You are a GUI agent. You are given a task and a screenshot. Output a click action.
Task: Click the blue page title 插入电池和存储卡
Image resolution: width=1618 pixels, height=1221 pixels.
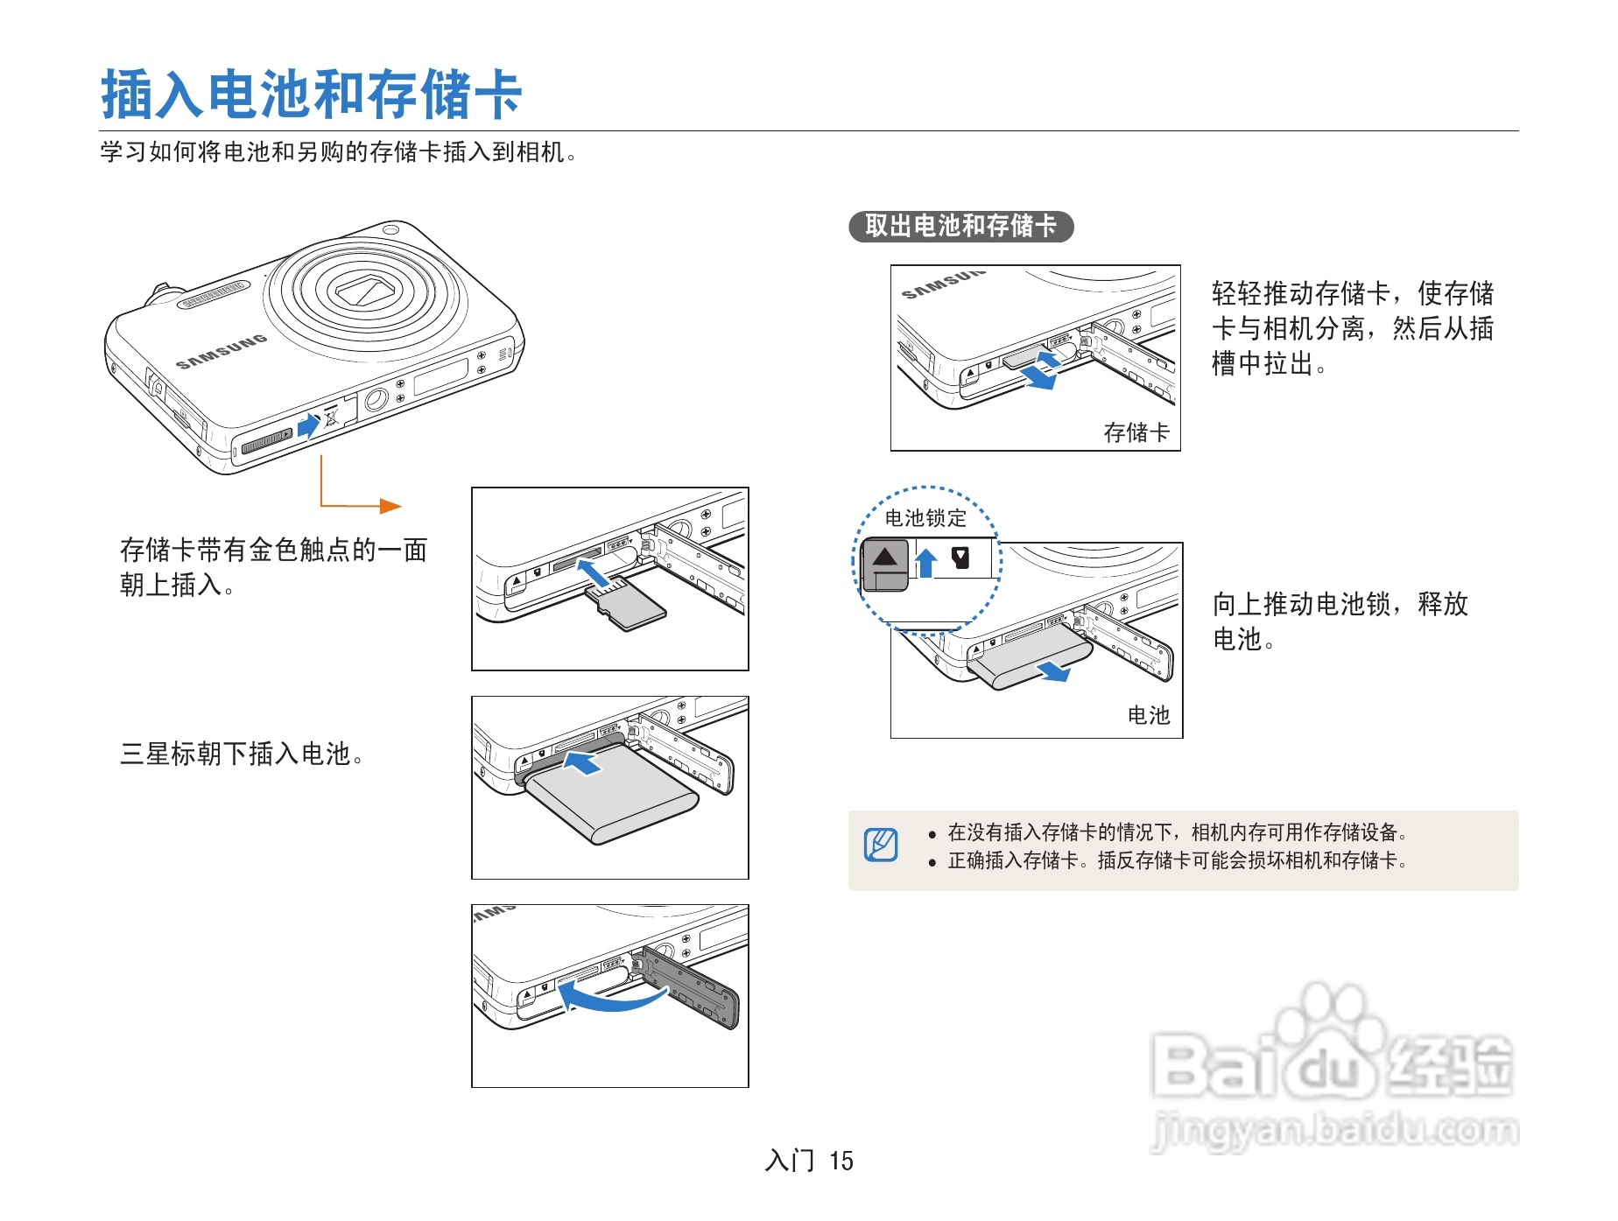(x=311, y=94)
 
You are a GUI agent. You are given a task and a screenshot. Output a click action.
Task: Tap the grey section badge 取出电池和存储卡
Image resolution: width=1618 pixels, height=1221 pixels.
(x=960, y=226)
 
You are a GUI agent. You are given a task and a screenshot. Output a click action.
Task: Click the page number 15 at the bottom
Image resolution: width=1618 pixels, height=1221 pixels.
(x=841, y=1161)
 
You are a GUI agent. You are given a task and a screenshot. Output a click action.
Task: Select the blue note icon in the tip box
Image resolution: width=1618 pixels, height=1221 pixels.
(x=881, y=845)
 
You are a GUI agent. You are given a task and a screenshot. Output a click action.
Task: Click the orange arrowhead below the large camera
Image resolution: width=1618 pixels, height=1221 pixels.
(x=390, y=506)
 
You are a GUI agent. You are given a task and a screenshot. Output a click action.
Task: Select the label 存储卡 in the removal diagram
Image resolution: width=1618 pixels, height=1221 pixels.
(x=1136, y=432)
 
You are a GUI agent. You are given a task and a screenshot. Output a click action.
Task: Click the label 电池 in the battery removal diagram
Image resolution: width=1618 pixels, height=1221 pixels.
(x=1148, y=715)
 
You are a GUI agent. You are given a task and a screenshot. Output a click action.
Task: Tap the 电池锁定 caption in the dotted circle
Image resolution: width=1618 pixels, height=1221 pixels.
(x=925, y=518)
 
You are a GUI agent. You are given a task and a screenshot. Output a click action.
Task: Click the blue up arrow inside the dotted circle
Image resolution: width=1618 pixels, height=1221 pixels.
(x=925, y=562)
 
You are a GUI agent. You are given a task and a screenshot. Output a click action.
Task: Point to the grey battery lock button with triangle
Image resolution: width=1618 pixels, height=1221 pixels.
(x=885, y=564)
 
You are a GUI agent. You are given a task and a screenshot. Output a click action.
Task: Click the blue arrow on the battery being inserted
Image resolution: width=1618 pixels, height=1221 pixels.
(x=582, y=762)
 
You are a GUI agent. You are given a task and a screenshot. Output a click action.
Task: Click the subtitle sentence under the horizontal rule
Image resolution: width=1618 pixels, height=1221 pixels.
(x=338, y=152)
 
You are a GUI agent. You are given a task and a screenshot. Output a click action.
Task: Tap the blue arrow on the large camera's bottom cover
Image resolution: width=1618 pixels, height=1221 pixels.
(x=308, y=426)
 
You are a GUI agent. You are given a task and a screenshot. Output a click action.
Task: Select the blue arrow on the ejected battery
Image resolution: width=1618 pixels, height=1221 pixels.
(x=1054, y=671)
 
